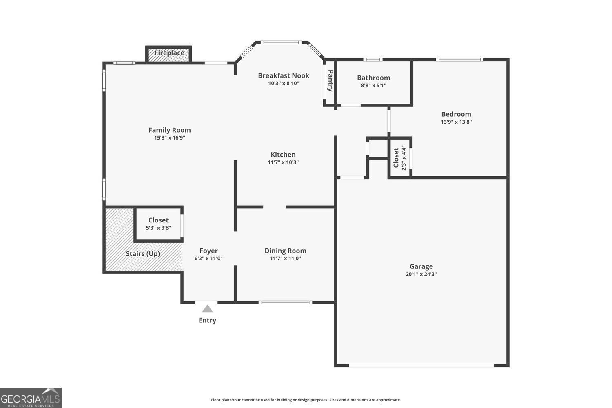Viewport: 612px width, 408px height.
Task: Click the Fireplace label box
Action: (x=169, y=53)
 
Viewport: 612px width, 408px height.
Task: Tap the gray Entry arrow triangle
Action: (x=207, y=309)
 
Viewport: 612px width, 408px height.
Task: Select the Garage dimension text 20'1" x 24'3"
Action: (x=421, y=274)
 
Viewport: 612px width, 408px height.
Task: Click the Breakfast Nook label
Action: (x=284, y=75)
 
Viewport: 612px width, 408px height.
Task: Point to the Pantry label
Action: (x=330, y=80)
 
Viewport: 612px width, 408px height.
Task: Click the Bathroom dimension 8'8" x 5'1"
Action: (x=373, y=86)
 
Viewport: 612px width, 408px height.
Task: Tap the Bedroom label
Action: (x=456, y=114)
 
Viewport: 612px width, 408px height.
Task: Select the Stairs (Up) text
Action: (x=143, y=254)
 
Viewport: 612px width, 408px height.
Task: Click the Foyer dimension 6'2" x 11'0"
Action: (x=208, y=258)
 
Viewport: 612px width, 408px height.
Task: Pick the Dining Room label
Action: (x=285, y=251)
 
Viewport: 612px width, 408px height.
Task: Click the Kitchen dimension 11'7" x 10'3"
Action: (x=283, y=162)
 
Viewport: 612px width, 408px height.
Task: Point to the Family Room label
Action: (x=170, y=130)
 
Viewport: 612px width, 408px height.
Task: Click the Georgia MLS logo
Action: (x=31, y=398)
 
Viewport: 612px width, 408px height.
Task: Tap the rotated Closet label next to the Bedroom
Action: (x=396, y=157)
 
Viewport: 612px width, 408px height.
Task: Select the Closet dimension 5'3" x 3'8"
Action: (x=158, y=228)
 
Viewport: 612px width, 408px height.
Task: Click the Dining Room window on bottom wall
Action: (x=285, y=302)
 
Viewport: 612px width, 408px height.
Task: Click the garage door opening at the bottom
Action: (x=422, y=366)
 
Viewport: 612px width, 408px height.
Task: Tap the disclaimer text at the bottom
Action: (x=306, y=400)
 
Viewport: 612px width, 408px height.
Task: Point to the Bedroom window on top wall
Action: (x=459, y=60)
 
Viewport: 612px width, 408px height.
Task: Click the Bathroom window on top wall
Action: (x=373, y=60)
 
